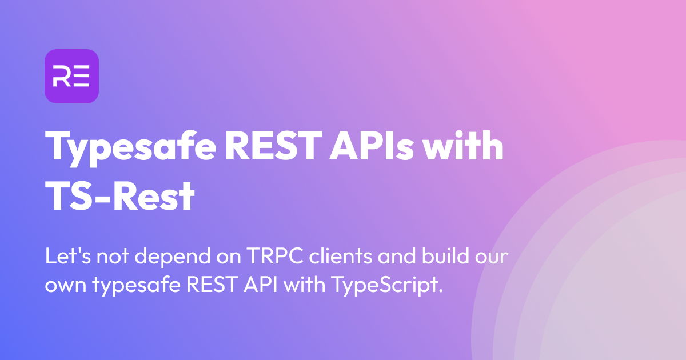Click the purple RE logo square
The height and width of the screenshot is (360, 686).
click(x=71, y=76)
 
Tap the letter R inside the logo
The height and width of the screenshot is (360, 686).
click(x=61, y=77)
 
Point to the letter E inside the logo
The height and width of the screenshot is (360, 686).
click(x=81, y=77)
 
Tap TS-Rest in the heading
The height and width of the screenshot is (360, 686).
click(x=120, y=196)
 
